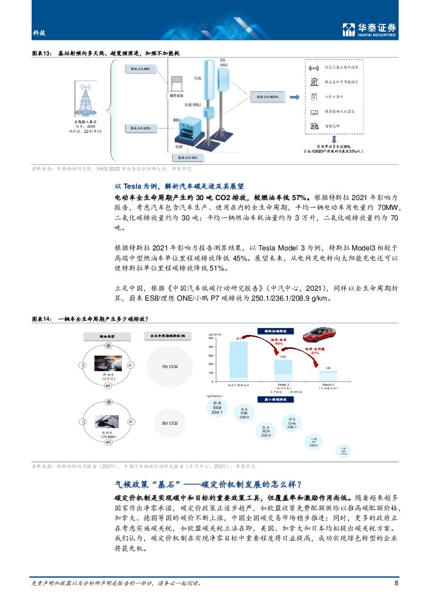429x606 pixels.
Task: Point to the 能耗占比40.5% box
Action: (x=268, y=97)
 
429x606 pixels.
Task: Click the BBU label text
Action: (x=177, y=119)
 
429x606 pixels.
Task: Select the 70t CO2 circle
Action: (x=170, y=367)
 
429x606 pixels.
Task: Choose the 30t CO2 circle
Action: (x=170, y=423)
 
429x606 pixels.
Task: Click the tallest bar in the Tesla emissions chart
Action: (x=238, y=359)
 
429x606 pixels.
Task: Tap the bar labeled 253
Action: (x=283, y=369)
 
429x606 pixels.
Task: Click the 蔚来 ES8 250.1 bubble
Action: (x=218, y=407)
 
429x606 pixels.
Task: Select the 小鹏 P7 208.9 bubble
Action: (x=313, y=442)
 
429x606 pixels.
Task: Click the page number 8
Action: (x=396, y=583)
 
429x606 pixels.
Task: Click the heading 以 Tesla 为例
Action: (x=178, y=187)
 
